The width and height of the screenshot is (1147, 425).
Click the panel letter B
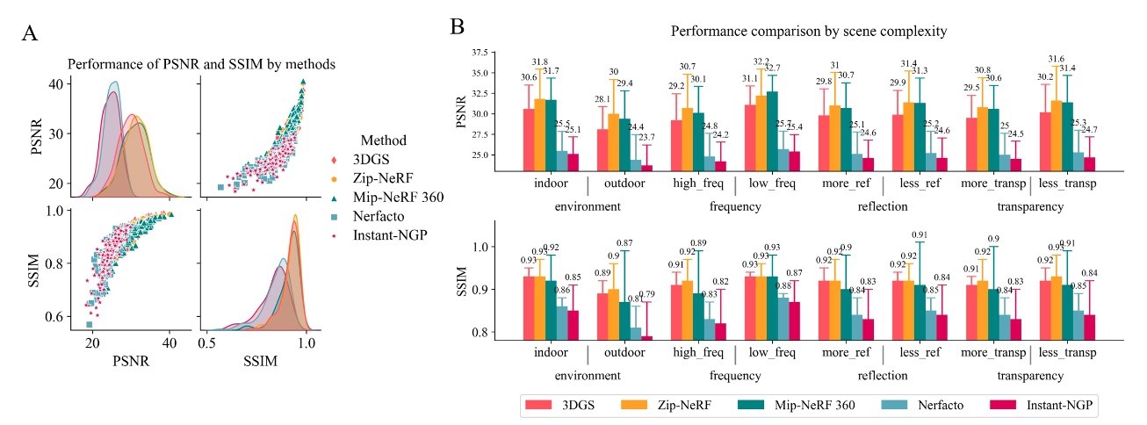click(x=458, y=26)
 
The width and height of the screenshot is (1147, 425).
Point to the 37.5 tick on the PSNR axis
click(x=481, y=53)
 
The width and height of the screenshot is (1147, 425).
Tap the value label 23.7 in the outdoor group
click(x=647, y=138)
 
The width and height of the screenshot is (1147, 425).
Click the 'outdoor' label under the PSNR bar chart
click(x=625, y=184)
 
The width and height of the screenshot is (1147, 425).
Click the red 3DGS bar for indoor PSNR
click(x=529, y=140)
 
